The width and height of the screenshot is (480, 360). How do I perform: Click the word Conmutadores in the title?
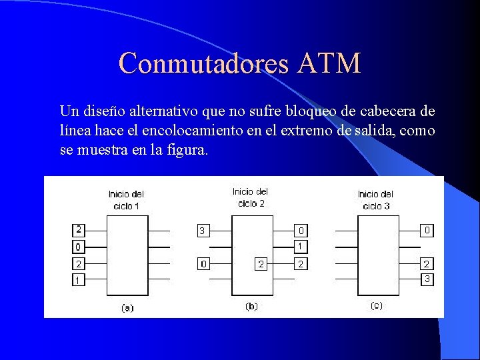[x=203, y=63]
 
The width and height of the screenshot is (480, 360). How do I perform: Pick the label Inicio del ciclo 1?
[x=127, y=200]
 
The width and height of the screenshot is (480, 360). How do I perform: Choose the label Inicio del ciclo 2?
[x=251, y=197]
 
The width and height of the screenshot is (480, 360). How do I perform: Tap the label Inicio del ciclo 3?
[x=375, y=200]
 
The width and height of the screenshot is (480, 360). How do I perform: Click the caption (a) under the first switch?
[x=127, y=308]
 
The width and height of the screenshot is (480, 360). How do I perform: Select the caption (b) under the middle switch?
[x=251, y=307]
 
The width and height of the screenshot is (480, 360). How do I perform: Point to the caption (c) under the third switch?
[x=376, y=305]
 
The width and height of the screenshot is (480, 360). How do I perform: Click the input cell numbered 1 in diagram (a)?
[x=78, y=281]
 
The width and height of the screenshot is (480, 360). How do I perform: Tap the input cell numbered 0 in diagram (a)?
[x=78, y=247]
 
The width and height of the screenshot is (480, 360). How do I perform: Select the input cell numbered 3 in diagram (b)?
[x=202, y=231]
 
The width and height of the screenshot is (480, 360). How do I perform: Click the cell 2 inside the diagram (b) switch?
[x=261, y=265]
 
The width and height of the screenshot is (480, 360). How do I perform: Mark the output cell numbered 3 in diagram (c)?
[x=427, y=279]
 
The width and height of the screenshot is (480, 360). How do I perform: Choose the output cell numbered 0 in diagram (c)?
[x=427, y=231]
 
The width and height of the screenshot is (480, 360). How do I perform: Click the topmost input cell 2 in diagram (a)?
[x=78, y=230]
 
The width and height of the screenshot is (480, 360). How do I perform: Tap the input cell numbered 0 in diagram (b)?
[x=203, y=265]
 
